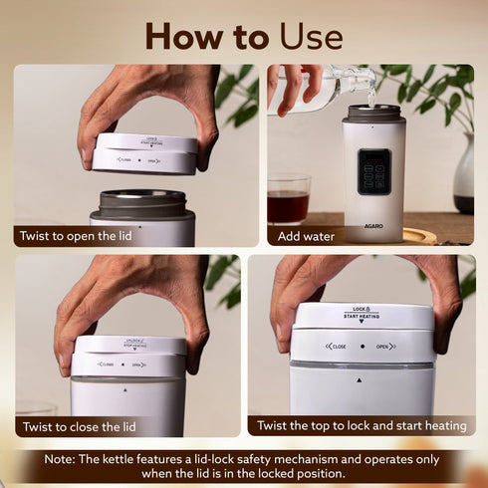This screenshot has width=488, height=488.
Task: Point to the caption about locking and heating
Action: pos(362,425)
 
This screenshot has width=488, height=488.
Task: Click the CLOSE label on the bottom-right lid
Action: pos(336,346)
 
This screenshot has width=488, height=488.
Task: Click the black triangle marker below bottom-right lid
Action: pos(361,379)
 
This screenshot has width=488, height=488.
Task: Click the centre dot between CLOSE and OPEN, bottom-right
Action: pos(362,346)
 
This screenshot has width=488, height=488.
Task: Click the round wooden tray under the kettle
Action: pos(418,236)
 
